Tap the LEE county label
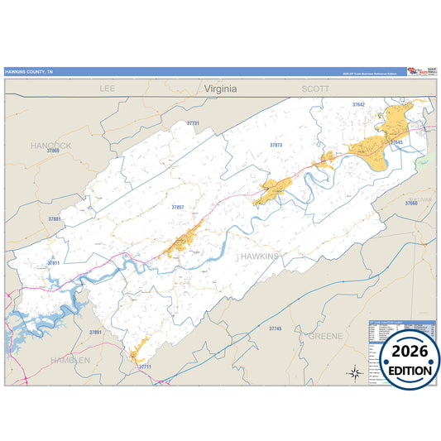click(x=108, y=87)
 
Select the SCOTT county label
click(x=314, y=87)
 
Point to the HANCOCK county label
click(x=50, y=145)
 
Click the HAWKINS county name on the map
click(x=260, y=257)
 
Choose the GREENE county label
click(x=325, y=337)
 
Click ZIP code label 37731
click(x=193, y=123)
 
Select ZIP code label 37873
click(x=276, y=145)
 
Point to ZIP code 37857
click(x=178, y=207)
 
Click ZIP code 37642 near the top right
click(x=357, y=105)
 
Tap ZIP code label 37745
click(x=275, y=328)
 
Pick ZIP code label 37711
click(x=145, y=366)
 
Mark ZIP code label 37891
click(x=94, y=332)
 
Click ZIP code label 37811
click(x=54, y=262)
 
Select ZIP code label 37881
click(x=55, y=218)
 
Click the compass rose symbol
click(x=353, y=372)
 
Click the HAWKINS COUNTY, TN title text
click(x=30, y=71)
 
